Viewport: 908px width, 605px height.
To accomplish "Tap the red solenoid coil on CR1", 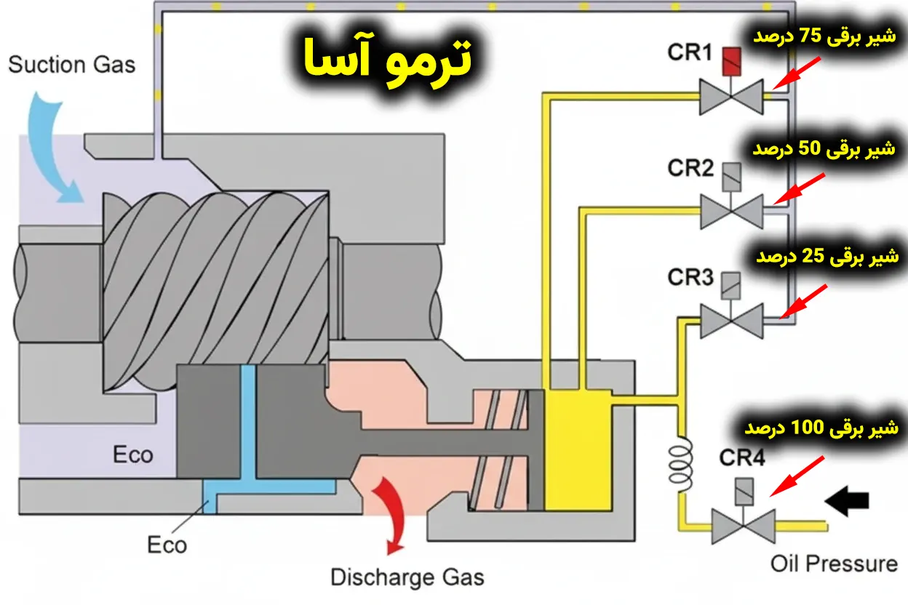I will (x=730, y=63).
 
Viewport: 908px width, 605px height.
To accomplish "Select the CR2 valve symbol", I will (x=730, y=209).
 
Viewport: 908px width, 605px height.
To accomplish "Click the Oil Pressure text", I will (x=834, y=563).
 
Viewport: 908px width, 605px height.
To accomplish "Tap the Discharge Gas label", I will (x=407, y=577).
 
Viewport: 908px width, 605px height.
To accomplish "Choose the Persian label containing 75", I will (x=825, y=37).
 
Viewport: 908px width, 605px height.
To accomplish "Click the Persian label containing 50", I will (x=825, y=149).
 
